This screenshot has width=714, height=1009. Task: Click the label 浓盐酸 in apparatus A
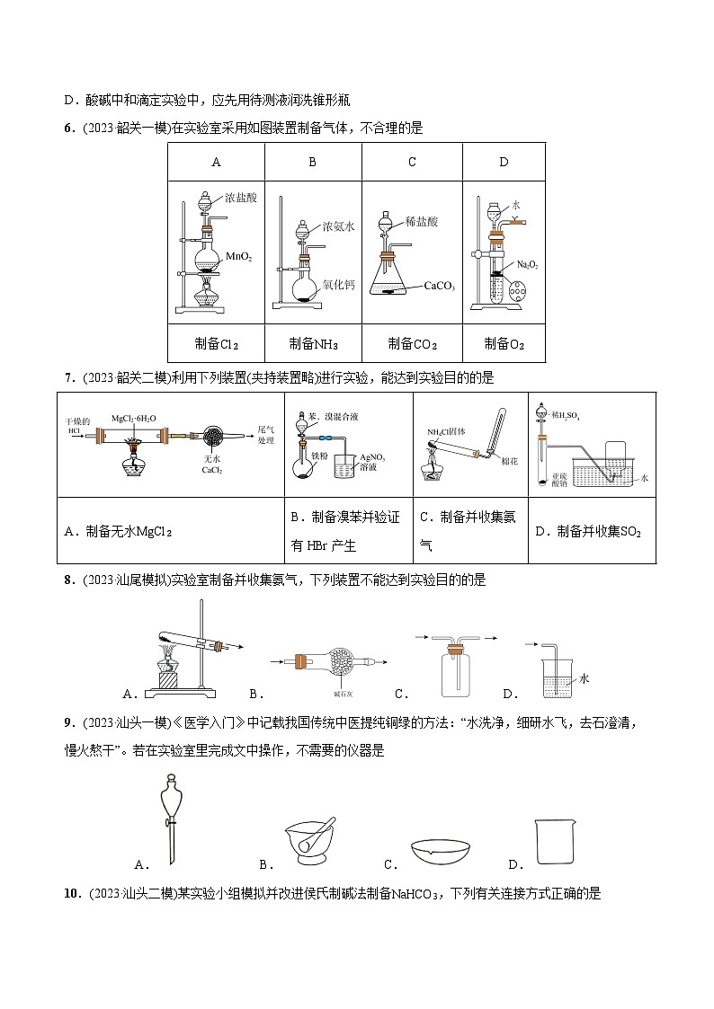[242, 198]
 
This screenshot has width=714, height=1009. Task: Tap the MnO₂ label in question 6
[238, 256]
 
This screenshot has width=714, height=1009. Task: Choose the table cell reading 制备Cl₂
[217, 343]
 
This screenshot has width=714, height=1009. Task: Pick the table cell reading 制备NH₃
[313, 343]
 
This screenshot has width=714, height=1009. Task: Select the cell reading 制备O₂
[504, 343]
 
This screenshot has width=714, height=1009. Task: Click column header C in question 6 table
[412, 163]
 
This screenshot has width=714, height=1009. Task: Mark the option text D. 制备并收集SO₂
[588, 531]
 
